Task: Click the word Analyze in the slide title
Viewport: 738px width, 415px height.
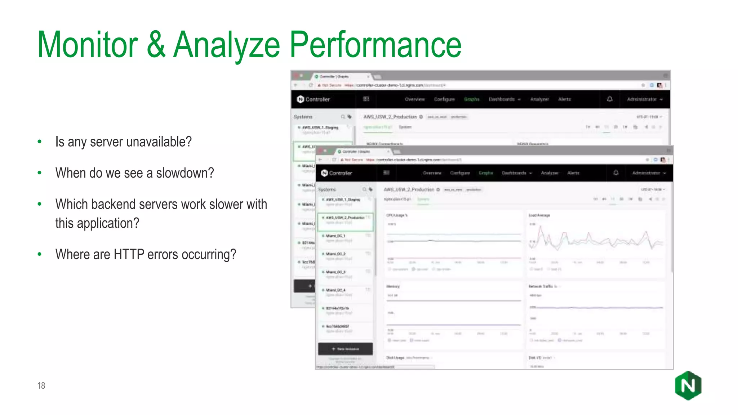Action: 227,45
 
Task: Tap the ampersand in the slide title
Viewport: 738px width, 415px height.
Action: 156,45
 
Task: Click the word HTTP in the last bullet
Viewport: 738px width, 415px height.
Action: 129,254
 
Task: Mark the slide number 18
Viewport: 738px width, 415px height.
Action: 41,386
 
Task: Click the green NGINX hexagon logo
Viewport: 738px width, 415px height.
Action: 688,385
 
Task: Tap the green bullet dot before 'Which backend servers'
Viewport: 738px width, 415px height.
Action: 40,204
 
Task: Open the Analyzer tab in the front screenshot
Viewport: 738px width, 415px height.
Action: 550,173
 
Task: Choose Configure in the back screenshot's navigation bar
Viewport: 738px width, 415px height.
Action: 444,99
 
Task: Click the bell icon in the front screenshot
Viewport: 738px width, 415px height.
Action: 616,173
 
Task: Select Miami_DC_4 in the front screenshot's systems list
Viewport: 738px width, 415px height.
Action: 335,290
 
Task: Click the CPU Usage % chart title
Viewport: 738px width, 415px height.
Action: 397,215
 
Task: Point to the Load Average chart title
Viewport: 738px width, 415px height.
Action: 539,215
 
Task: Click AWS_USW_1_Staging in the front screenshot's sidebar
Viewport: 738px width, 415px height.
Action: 343,200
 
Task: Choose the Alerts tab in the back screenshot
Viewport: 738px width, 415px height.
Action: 564,99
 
